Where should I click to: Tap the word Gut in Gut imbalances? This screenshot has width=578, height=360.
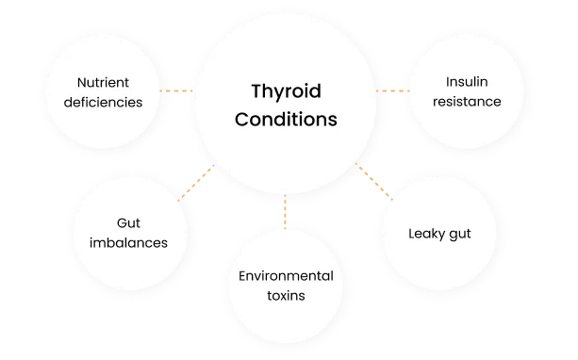[x=128, y=222]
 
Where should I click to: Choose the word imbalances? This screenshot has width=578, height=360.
[x=128, y=242]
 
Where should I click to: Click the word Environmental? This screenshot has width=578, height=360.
[x=285, y=275]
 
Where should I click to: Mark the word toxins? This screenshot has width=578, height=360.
[x=285, y=295]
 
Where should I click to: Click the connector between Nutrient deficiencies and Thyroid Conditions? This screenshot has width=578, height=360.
[x=176, y=90]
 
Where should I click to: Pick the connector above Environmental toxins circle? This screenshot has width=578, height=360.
[x=285, y=212]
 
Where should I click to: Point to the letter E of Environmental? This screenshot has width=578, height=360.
[x=242, y=275]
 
